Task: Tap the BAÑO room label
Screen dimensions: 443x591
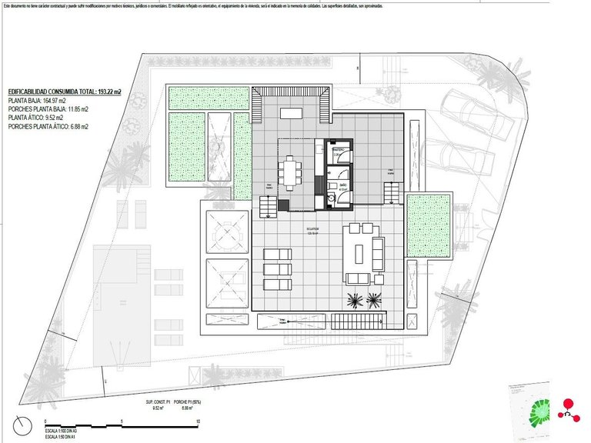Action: (332, 185)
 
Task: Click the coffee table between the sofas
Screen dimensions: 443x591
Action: (359, 251)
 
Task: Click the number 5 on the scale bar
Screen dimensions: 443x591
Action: (122, 421)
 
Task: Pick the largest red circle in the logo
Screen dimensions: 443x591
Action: (569, 403)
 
